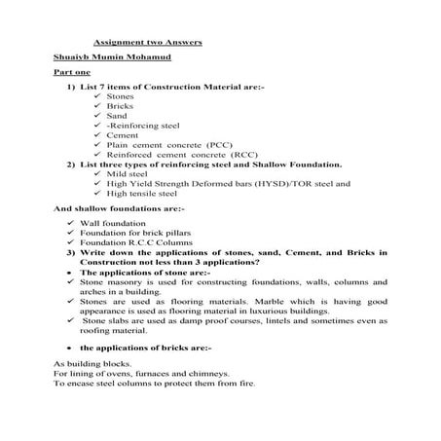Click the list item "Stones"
click(x=120, y=97)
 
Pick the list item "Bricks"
click(x=120, y=107)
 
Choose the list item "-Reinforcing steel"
click(x=139, y=126)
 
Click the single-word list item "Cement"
click(x=122, y=134)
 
